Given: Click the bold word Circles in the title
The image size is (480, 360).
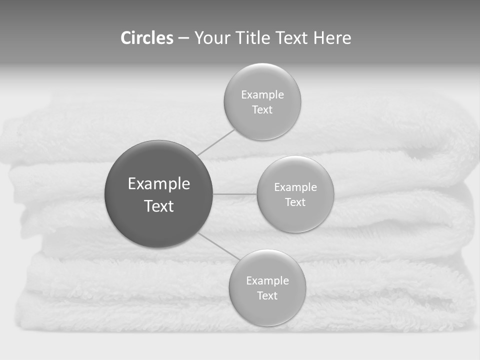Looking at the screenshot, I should pos(146,38).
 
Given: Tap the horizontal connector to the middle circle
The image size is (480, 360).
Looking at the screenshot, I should pos(235,194).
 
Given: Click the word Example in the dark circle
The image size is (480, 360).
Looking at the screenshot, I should pos(159,184).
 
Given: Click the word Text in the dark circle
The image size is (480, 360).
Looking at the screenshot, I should pos(159,206).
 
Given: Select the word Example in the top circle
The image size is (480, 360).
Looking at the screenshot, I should pos(262,95).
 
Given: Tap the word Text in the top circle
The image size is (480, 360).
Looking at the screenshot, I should pos(262,110).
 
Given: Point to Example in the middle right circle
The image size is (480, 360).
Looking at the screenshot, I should pos(295,187).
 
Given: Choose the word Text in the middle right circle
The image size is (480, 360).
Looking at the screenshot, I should pos(295,202).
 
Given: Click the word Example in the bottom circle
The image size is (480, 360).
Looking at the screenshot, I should pos(267,281).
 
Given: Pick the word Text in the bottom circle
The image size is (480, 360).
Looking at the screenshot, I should pos(267,296).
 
